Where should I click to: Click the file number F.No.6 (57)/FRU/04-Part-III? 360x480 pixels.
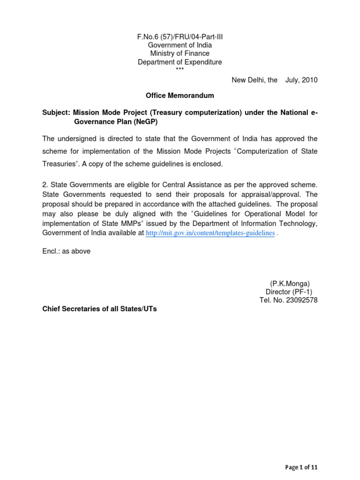[180, 37]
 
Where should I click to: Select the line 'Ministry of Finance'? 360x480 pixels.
[180, 53]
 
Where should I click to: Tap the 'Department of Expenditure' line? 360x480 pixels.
[180, 62]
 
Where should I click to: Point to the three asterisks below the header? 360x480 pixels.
[180, 69]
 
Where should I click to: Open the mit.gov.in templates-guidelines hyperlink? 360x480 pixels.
[210, 233]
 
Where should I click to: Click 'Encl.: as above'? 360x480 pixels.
[66, 251]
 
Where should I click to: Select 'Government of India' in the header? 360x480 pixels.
[180, 45]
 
